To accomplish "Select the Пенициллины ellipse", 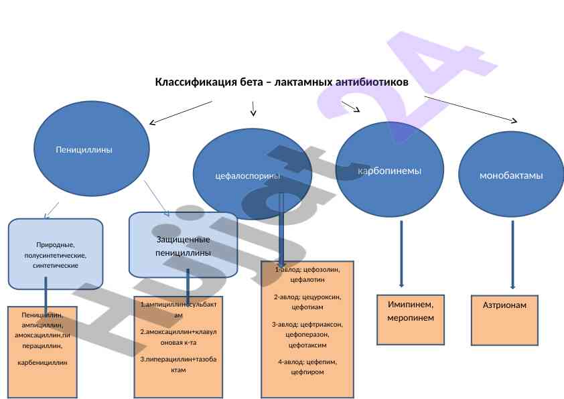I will click(84, 149).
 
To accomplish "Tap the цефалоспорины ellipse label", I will click(247, 176).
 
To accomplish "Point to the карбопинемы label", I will click(390, 171).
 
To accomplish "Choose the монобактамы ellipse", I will click(511, 175).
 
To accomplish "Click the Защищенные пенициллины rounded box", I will click(183, 246).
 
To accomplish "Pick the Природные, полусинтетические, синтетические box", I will click(56, 255).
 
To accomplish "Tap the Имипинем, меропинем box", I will click(411, 311).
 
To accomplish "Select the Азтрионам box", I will click(504, 305).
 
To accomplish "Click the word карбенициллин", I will click(43, 362).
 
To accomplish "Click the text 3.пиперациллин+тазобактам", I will click(178, 364).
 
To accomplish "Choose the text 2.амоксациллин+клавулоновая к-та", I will click(178, 337).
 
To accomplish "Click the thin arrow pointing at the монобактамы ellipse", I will click(471, 109).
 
